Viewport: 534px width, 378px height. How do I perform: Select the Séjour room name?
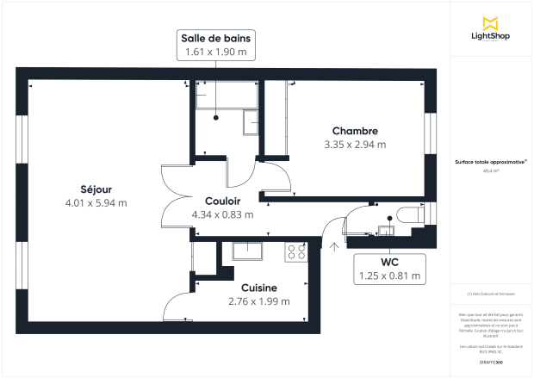click(96, 189)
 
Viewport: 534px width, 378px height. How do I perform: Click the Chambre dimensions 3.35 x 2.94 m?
click(355, 144)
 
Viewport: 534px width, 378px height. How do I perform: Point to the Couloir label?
click(222, 201)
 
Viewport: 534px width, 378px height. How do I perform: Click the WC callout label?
click(389, 263)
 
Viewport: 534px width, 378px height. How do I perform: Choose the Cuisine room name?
click(258, 288)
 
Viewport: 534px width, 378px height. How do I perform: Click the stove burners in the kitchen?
click(297, 251)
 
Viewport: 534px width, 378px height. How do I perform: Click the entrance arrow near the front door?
click(334, 245)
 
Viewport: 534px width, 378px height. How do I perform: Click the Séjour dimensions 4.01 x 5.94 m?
click(96, 203)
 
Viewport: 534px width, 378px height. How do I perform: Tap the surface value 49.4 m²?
click(491, 171)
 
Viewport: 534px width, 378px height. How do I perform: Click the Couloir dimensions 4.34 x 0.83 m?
click(222, 214)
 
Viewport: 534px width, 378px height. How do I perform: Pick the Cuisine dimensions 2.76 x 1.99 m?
click(258, 301)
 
